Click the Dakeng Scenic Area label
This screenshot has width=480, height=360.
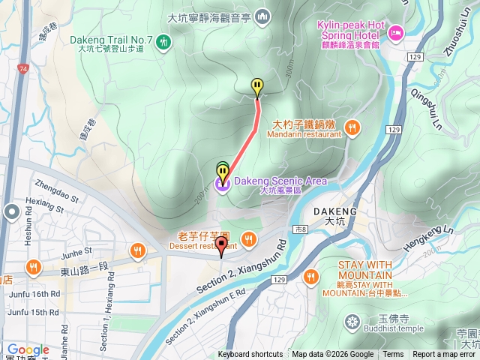(x=280, y=181)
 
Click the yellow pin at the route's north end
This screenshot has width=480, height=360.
(x=257, y=88)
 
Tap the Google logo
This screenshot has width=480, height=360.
(x=28, y=350)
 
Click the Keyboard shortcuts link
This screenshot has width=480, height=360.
(x=250, y=355)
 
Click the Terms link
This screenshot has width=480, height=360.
(x=393, y=355)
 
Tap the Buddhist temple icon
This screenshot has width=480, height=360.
(x=352, y=322)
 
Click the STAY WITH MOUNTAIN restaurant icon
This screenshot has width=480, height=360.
(x=311, y=277)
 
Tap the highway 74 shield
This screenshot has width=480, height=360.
(x=24, y=68)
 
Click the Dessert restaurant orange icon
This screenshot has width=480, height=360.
(x=249, y=239)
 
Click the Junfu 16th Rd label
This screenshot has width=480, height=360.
(x=34, y=294)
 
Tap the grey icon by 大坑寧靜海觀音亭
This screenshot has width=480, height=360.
(x=262, y=15)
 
